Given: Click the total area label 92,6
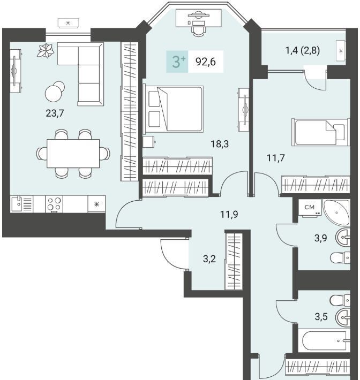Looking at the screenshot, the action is pos(206,62).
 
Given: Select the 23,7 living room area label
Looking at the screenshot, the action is pos(55,113).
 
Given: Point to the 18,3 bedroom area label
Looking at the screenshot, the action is pos(220,144).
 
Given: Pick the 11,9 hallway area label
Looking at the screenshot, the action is pos(229,214).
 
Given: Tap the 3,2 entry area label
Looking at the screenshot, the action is pos(209,259).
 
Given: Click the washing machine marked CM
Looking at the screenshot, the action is pos(310,208).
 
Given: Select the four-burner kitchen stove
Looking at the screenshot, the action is pos(54,204).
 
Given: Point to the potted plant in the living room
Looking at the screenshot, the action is pos(46,51).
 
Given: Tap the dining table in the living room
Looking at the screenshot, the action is pos(73,154).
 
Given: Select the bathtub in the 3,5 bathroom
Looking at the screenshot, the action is pos(324,341).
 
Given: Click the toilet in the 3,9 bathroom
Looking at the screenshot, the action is pos(340,257).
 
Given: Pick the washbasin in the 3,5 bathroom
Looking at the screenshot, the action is pos(343,316).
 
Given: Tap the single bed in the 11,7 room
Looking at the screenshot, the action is pos(321,132).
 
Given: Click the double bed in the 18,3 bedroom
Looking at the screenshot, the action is pos(173,109).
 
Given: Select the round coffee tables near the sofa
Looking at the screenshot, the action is pos(55,92).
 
